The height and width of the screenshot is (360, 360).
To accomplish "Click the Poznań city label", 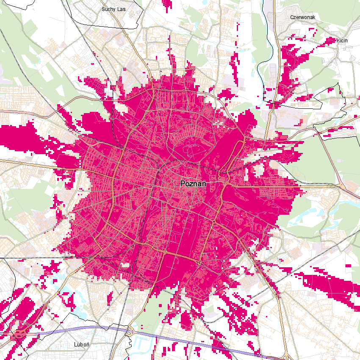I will tap(193, 184).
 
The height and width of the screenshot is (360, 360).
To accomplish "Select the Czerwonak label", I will tap(300, 17).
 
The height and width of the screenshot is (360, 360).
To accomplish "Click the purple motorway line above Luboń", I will tap(85, 328).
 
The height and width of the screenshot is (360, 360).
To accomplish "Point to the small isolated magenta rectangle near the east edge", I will tap(348, 266).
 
